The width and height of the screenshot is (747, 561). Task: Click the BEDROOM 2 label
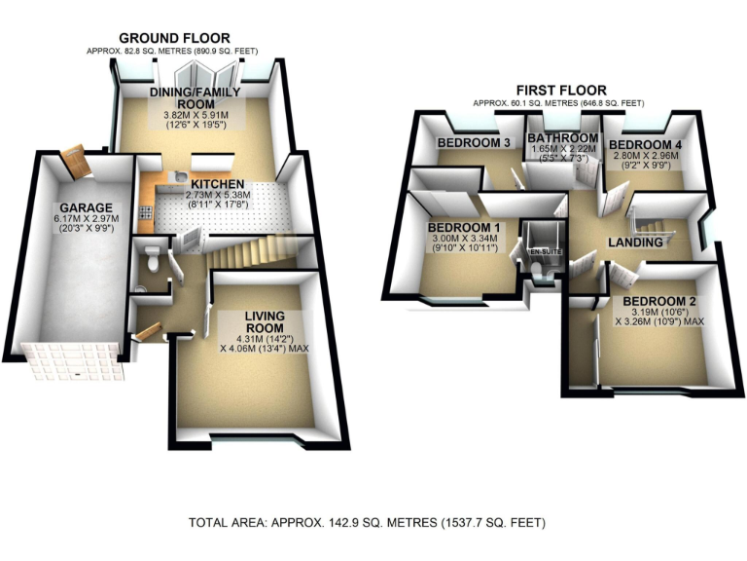[x=658, y=300]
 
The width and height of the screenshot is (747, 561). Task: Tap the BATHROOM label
[x=562, y=138]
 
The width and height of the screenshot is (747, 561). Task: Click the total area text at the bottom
[x=373, y=521]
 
